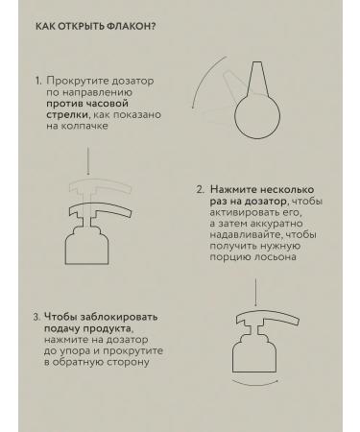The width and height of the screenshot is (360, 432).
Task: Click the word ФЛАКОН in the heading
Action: click(x=132, y=26)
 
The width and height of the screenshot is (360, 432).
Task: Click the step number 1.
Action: click(x=38, y=81)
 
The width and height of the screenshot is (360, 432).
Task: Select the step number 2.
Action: click(x=200, y=190)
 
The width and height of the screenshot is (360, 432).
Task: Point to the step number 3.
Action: click(x=36, y=317)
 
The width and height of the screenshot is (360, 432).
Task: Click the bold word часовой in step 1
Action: click(x=108, y=104)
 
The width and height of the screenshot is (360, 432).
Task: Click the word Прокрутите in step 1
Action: click(x=76, y=81)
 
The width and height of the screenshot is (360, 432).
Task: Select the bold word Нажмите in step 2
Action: click(x=233, y=190)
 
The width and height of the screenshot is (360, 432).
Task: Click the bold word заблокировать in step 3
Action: click(x=119, y=317)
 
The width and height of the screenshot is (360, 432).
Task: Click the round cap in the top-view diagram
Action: click(x=257, y=117)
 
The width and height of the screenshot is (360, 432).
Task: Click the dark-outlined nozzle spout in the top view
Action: click(x=257, y=79)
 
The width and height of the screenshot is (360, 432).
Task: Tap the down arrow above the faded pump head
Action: click(x=88, y=161)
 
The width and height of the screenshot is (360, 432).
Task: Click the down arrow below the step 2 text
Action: click(x=255, y=293)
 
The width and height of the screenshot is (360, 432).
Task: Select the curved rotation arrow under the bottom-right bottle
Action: click(x=254, y=383)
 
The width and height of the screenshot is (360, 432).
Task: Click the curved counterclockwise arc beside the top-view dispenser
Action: click(x=203, y=78)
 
